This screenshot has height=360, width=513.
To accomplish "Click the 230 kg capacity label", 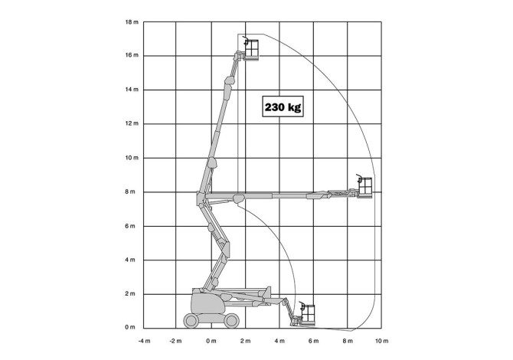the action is [283, 106].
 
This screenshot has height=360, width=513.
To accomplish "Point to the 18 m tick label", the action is [132, 22].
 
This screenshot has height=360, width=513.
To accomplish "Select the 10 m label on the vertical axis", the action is [132, 158].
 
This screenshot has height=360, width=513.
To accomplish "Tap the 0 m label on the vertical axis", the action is [130, 327].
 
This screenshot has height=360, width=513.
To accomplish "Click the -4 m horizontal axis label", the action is [144, 341].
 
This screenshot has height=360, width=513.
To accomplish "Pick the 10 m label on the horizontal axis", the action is [381, 341].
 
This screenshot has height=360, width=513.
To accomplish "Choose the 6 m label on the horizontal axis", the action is [313, 341].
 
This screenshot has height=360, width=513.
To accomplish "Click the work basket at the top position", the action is [252, 50].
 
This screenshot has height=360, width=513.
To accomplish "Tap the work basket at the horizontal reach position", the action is [365, 188].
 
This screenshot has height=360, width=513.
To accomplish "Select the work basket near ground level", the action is [308, 315].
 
